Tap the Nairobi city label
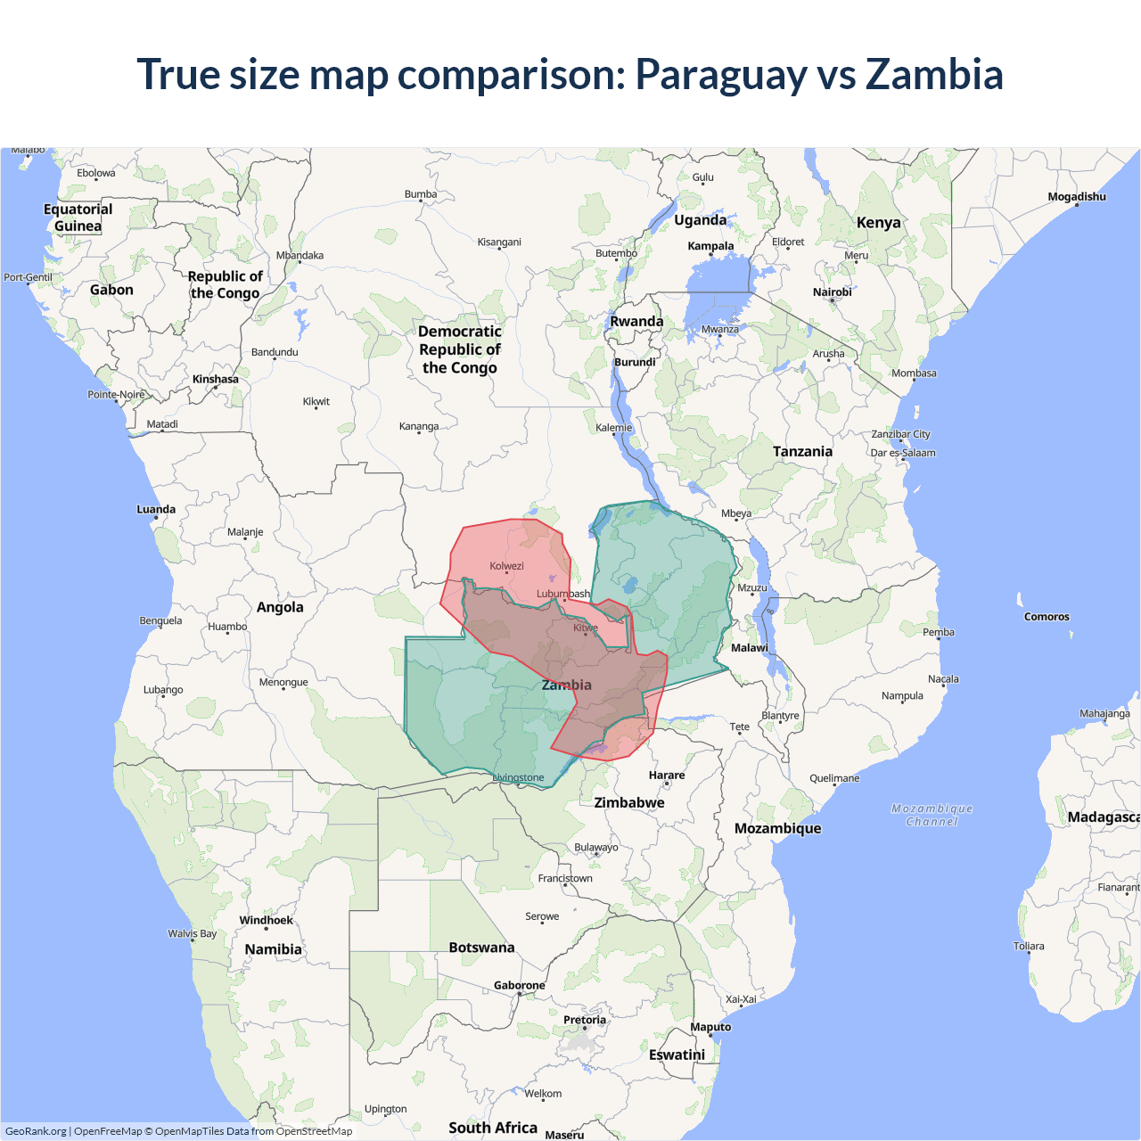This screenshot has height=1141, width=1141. [832, 292]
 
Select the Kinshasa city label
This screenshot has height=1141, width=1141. [216, 379]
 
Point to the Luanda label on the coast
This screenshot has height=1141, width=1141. [156, 509]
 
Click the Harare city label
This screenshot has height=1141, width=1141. [667, 775]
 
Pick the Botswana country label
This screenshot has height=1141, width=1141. [481, 948]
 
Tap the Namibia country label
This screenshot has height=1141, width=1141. [273, 949]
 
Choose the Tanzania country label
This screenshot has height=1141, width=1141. [802, 451]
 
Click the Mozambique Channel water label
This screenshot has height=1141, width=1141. [932, 815]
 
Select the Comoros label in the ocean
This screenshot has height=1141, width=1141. [1047, 617]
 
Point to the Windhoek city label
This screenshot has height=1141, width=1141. [266, 920]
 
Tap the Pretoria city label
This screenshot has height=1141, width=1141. [585, 1020]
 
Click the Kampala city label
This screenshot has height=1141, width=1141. [710, 246]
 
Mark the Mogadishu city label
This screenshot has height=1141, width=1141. [1077, 197]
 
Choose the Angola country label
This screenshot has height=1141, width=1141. [280, 607]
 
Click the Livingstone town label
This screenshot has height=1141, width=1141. [519, 777]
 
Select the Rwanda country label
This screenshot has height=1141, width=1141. [636, 322]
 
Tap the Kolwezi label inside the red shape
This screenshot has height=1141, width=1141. [506, 566]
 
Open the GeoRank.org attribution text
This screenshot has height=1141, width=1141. [36, 1131]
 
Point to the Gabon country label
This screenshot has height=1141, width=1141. [111, 290]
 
